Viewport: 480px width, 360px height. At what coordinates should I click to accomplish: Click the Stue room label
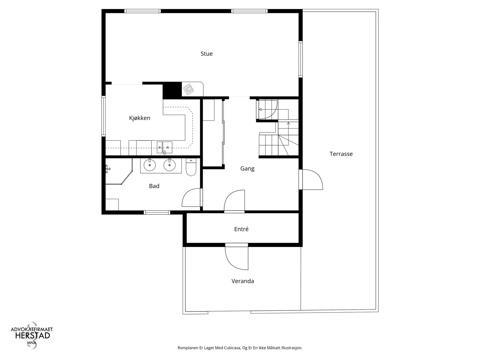tap(206, 54)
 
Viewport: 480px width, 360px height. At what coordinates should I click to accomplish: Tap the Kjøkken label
tap(139, 118)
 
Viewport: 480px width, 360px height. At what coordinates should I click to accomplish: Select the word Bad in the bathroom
tap(154, 186)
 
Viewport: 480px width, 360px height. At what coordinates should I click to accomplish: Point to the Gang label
tap(247, 169)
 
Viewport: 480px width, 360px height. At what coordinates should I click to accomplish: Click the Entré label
tap(241, 229)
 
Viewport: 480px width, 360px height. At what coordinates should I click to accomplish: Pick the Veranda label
tap(242, 281)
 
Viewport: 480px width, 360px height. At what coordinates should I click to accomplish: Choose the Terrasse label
tap(341, 154)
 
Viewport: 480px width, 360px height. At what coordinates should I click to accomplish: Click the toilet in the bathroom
tap(191, 167)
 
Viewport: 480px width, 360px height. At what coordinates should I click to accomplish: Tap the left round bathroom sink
tap(150, 165)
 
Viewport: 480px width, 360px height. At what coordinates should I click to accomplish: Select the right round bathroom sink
tap(169, 165)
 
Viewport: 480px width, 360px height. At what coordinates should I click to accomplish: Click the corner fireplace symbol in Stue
tap(188, 89)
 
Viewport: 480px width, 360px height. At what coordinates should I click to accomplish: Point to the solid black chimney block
tap(172, 91)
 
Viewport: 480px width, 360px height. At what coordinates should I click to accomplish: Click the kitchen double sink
tap(164, 147)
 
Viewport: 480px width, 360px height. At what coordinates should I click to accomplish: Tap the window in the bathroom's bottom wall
tap(157, 212)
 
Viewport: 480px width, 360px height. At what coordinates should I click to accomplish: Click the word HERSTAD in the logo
tap(33, 336)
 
